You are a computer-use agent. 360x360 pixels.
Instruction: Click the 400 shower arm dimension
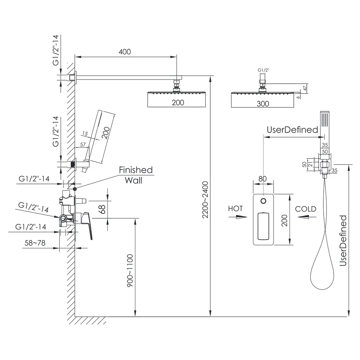tap(125, 51)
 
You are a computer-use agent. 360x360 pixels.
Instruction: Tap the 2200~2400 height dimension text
tap(205, 200)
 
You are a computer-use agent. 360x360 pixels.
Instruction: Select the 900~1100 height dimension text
tap(130, 270)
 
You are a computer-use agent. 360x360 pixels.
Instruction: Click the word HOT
tap(235, 208)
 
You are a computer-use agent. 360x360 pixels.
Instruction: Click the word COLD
tap(306, 209)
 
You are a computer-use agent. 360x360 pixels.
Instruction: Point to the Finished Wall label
tap(135, 175)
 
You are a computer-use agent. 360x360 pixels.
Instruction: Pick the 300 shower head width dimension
tap(263, 104)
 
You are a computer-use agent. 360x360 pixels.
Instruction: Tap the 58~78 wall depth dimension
tap(35, 243)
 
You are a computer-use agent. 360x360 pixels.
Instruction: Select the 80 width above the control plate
tap(263, 179)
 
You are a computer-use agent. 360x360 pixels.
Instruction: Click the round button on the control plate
tap(264, 201)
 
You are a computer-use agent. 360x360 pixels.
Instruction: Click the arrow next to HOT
tap(238, 217)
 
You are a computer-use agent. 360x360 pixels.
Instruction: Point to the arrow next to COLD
tap(307, 217)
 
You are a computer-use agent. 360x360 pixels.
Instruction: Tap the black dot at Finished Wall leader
tap(75, 189)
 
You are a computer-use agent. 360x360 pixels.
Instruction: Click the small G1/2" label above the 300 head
tap(263, 70)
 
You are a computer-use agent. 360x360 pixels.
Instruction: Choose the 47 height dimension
tap(305, 88)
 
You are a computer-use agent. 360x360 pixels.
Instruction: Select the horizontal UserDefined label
tap(292, 130)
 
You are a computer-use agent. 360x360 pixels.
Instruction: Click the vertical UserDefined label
tap(343, 240)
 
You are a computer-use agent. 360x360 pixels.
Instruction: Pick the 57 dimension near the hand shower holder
tap(83, 144)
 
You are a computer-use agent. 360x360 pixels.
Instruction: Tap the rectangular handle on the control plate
tap(264, 226)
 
